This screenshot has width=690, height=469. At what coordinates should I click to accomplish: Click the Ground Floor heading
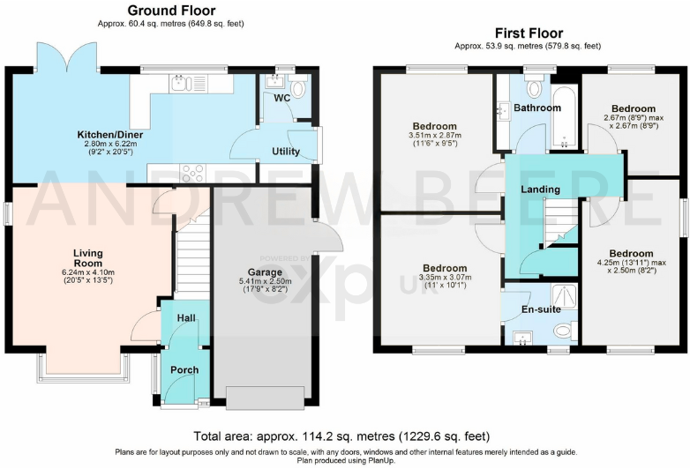172,10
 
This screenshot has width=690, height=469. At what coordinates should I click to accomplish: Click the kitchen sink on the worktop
181,84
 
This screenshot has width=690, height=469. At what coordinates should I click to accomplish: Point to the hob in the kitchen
193,173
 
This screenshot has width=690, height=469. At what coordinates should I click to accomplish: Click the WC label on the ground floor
282,98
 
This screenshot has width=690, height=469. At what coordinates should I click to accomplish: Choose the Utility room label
286,152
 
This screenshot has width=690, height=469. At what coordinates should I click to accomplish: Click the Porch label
184,369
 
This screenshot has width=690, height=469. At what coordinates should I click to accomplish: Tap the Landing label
540,190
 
